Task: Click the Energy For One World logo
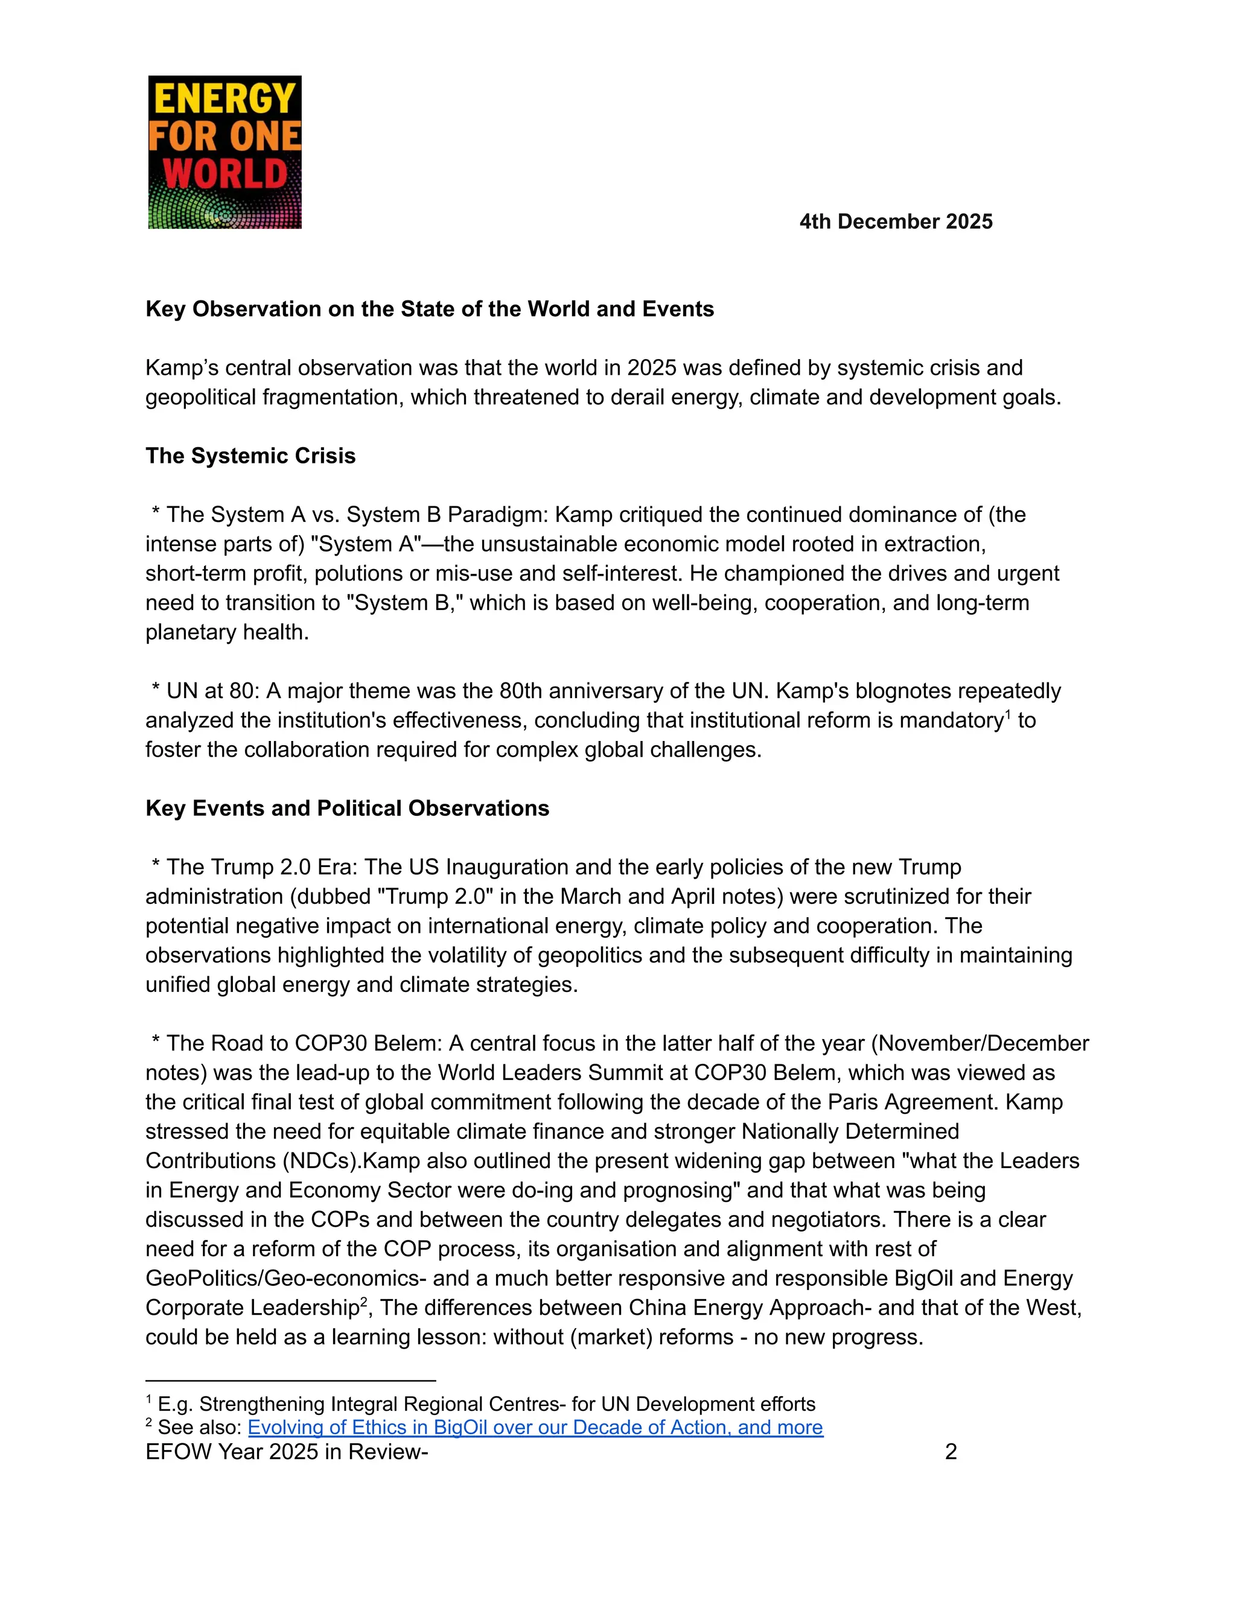225,152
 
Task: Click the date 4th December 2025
896,222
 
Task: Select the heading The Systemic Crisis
250,456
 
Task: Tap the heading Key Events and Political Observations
347,809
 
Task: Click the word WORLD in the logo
225,174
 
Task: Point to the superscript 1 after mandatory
1008,714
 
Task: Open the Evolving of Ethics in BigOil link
535,1427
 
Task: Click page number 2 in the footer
951,1452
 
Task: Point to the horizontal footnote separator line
291,1381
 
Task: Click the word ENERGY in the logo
225,99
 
